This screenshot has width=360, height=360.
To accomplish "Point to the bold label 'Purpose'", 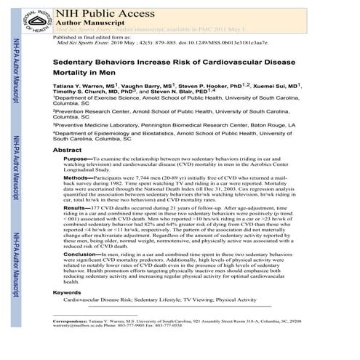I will (x=77, y=158).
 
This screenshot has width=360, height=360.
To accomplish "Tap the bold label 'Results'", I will (x=77, y=207).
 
